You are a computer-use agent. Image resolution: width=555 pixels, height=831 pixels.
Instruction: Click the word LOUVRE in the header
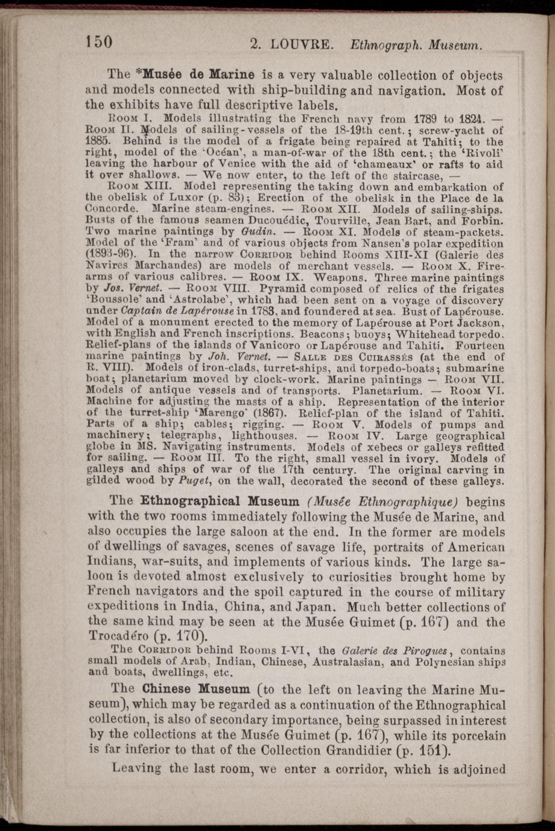coord(300,44)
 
